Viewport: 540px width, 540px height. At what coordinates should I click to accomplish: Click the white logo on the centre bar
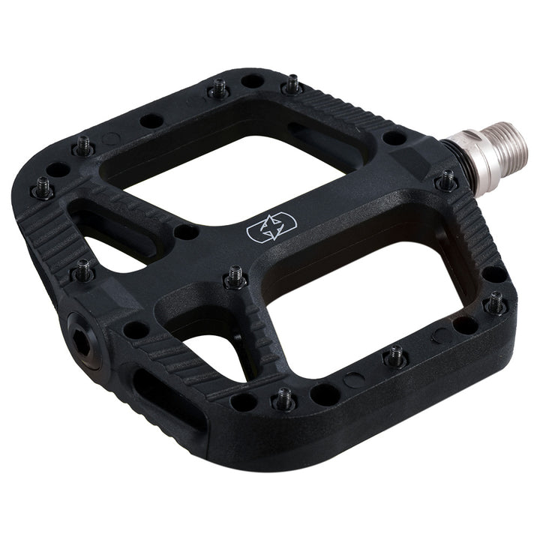[x=271, y=229]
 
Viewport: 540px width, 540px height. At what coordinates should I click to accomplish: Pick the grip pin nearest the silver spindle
[x=447, y=180]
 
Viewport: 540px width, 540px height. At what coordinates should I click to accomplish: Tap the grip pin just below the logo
[x=235, y=277]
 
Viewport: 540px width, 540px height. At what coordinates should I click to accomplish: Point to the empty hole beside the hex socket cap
[x=135, y=329]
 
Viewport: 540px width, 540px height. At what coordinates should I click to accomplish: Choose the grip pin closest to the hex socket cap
[x=82, y=270]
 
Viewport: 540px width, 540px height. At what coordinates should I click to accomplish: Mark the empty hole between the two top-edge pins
[x=253, y=80]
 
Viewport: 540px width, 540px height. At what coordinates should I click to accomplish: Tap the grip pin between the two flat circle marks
[x=395, y=357]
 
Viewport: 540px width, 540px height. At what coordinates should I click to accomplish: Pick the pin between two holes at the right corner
[x=496, y=303]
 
